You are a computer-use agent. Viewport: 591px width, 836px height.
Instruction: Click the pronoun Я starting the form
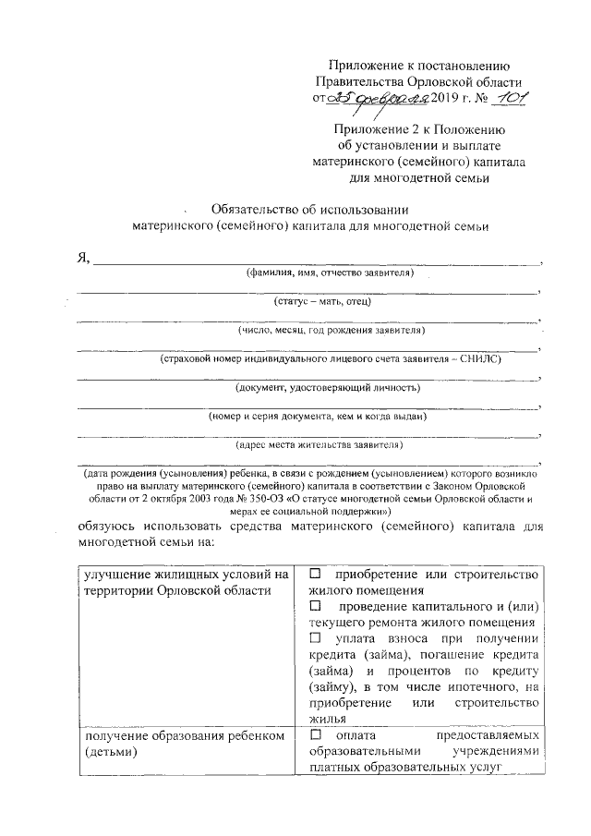(x=81, y=259)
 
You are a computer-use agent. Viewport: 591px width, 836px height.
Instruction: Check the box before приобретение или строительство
(x=316, y=576)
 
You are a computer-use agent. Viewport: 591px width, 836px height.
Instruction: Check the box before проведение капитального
(x=316, y=606)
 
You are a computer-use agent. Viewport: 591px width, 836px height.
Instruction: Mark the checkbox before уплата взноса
(x=316, y=638)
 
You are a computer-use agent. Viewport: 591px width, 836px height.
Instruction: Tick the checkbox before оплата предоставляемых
(x=316, y=735)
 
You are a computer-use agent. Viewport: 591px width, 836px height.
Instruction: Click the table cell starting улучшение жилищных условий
(x=186, y=583)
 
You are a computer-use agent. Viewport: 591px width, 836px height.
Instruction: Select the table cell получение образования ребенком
(x=186, y=744)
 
